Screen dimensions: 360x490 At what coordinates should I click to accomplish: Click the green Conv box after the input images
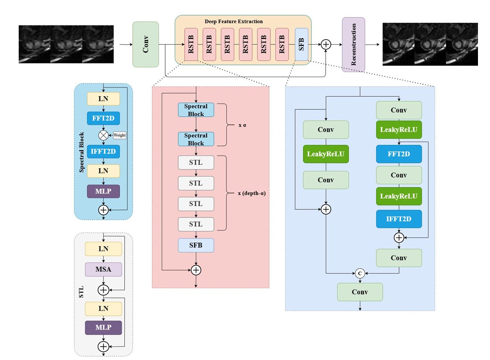pos(146,45)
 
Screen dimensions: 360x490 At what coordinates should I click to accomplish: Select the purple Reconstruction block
pos(353,45)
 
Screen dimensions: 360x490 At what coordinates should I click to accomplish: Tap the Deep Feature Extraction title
pos(233,21)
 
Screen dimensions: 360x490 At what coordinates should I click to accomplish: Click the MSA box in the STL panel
pos(103,269)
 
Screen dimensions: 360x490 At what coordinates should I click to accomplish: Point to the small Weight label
pos(119,135)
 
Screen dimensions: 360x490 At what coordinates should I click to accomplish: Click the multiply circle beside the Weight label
pos(104,135)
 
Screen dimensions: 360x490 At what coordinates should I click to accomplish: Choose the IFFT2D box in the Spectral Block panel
pos(103,151)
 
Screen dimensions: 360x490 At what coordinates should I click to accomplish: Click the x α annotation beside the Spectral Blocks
pos(243,125)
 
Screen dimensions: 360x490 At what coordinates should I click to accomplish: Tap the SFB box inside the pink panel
pos(196,245)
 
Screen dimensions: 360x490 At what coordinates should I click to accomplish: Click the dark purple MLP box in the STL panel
pos(103,328)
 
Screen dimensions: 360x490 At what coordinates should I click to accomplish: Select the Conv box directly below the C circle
pos(360,292)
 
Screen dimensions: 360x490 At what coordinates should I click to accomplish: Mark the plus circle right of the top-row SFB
pos(326,44)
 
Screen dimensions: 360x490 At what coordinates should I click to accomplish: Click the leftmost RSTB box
pos(191,45)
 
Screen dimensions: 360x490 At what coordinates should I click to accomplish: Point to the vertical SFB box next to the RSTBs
pos(301,45)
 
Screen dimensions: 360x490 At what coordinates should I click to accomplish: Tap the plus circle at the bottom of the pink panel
pos(196,270)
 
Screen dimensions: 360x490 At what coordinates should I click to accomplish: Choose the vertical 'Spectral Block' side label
pos(82,151)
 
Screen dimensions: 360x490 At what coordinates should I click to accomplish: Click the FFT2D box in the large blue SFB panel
pos(399,154)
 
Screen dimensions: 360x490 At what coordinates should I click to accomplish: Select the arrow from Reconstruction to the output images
pos(373,45)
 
